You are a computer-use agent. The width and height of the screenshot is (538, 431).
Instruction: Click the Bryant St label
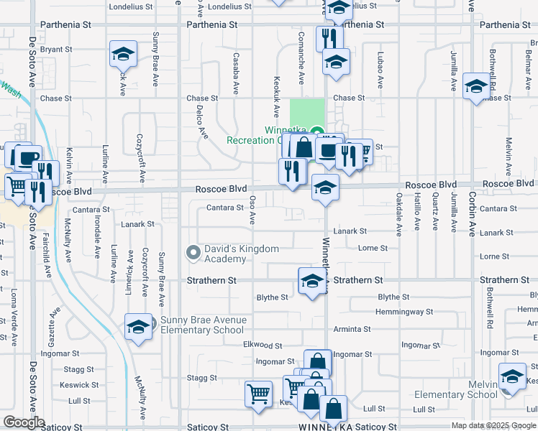pos(58,50)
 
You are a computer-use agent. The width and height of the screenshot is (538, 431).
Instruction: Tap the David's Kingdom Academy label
pos(241,254)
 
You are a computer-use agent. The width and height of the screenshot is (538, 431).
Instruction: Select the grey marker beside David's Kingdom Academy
pos(193,253)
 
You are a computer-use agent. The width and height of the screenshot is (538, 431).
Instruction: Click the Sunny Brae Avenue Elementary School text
pos(204,325)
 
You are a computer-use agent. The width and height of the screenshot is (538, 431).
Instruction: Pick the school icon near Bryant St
pos(123,54)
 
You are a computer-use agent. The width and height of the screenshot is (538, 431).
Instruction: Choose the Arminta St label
pos(352,329)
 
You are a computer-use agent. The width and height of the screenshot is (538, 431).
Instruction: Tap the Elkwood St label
pos(263,346)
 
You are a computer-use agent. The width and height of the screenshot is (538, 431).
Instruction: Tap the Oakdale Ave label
pos(398,213)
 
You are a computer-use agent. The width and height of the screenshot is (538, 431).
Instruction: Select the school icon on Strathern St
pos(312,282)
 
